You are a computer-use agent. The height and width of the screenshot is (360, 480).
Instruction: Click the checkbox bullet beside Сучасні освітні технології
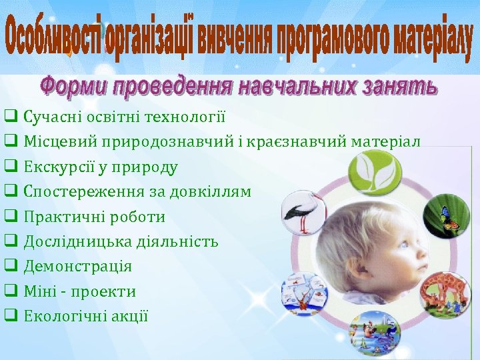tap(11, 117)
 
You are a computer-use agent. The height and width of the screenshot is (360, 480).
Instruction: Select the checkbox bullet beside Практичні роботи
tap(11, 217)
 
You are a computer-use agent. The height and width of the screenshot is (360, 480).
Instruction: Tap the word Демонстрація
tap(78, 267)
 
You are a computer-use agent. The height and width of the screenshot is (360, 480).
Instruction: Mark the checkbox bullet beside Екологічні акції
tap(11, 316)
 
